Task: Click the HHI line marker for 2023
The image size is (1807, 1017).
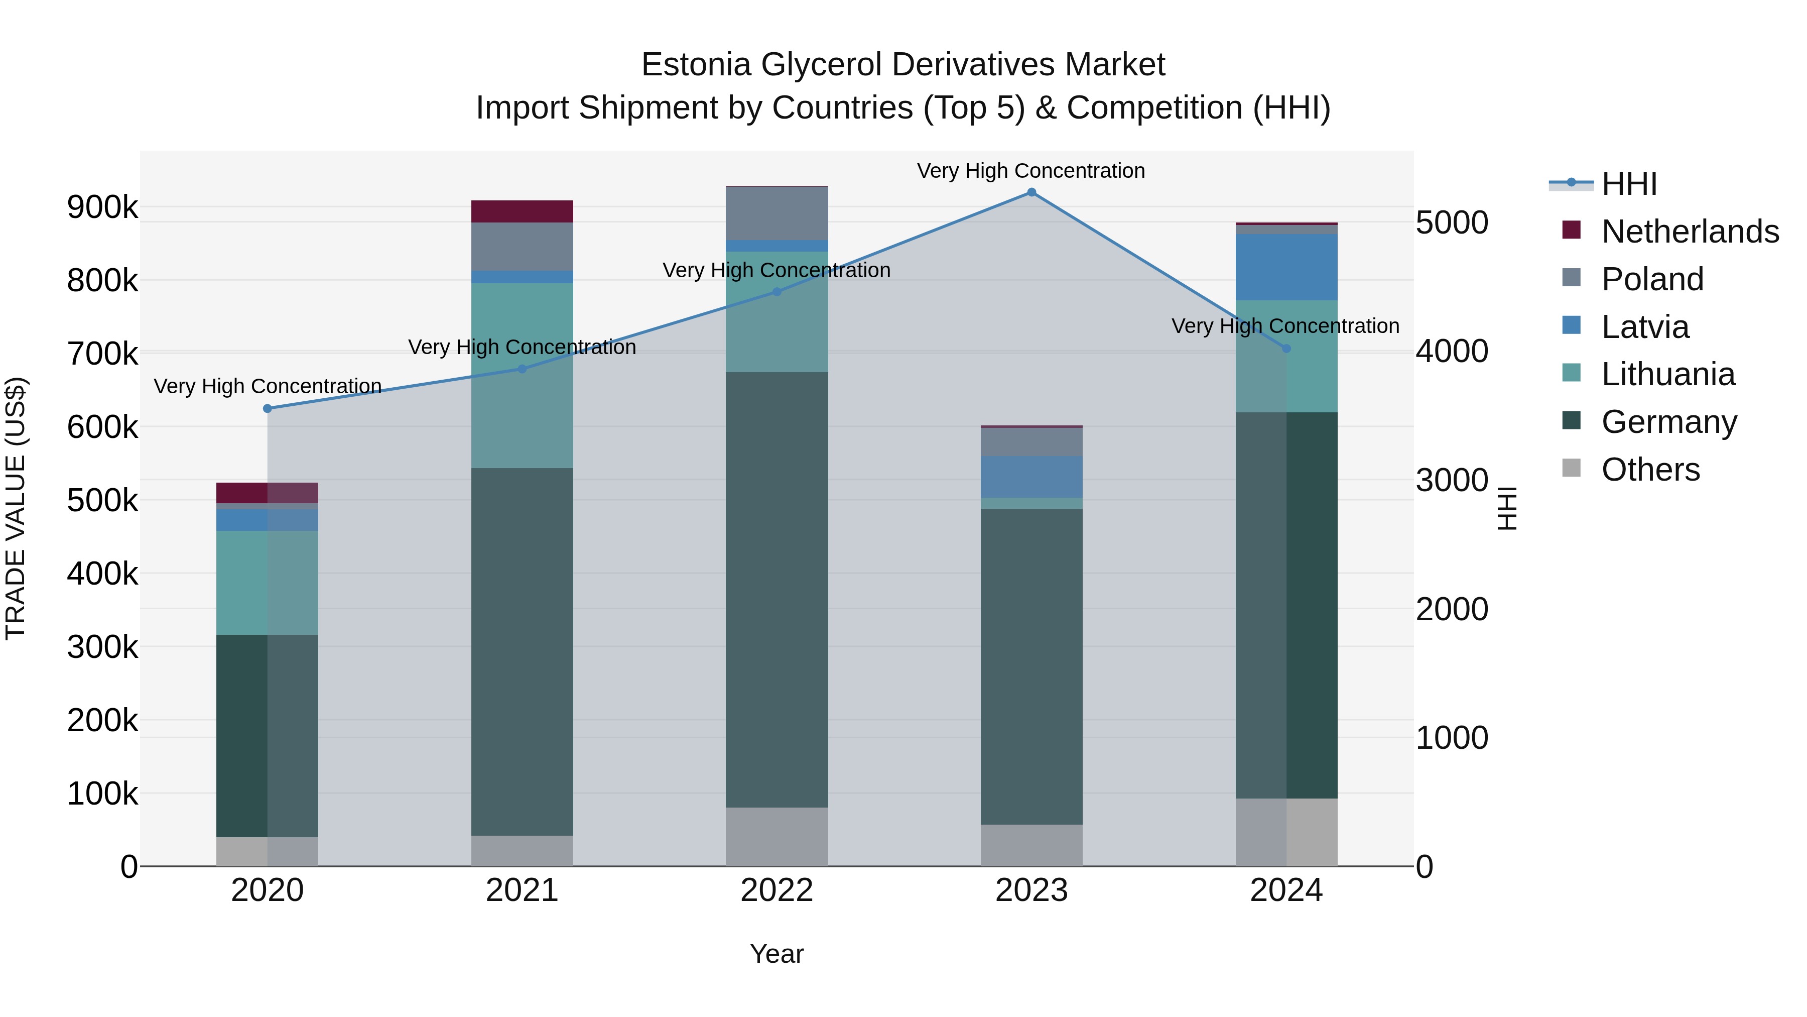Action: (x=1031, y=192)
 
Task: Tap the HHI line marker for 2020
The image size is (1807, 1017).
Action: (x=267, y=408)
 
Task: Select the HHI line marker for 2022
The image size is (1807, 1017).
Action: (x=777, y=292)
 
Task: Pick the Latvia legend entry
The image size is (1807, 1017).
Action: (x=1645, y=326)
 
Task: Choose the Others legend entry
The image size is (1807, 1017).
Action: (x=1650, y=470)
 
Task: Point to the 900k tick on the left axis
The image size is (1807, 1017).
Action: (x=102, y=207)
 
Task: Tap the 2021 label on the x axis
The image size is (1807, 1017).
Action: (x=522, y=890)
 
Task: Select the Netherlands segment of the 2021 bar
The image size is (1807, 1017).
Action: (x=522, y=211)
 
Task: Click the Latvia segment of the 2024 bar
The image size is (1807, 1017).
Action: (x=1286, y=267)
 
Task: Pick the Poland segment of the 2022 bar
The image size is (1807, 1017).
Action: (x=777, y=213)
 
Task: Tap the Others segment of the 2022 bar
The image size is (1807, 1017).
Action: (x=777, y=837)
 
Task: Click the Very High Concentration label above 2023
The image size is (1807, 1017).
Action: (x=1030, y=171)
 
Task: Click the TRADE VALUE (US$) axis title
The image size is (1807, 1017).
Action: (x=16, y=508)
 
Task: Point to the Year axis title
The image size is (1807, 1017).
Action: (x=777, y=954)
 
